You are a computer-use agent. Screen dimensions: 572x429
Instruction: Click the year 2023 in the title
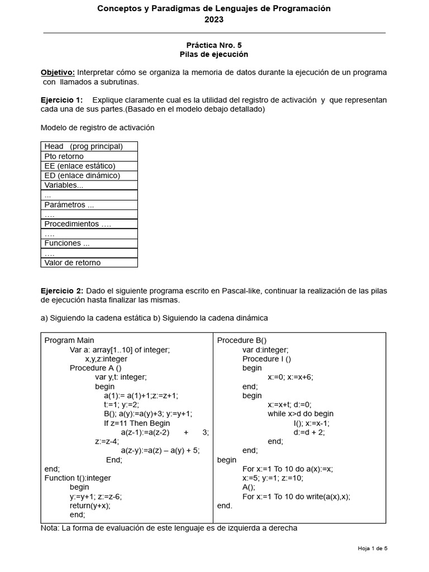click(214, 20)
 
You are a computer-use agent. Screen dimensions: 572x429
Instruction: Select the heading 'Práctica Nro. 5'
click(214, 45)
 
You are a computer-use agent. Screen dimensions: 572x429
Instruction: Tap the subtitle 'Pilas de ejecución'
click(214, 54)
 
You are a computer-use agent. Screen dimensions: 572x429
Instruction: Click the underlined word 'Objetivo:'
click(58, 73)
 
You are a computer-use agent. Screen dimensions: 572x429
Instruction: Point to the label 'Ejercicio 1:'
click(61, 99)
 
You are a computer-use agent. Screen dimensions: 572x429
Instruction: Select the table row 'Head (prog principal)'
click(84, 146)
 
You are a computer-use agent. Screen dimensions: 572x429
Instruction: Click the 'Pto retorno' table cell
click(64, 156)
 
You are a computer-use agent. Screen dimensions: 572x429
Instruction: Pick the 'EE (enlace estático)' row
click(80, 166)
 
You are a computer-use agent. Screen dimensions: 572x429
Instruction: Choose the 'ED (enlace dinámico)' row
click(82, 175)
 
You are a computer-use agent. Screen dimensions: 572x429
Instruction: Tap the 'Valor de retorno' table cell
click(73, 263)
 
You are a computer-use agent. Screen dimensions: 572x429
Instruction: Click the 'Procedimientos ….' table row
click(78, 224)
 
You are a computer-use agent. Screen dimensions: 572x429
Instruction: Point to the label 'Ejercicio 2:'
click(62, 290)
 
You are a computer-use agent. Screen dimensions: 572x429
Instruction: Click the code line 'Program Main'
click(69, 340)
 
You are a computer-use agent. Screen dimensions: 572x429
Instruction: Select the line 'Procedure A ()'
click(96, 368)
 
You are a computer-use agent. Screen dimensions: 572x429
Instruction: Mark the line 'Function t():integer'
click(78, 478)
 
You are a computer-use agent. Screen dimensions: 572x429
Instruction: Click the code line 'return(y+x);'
click(90, 506)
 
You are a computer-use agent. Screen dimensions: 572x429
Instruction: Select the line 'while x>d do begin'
click(301, 414)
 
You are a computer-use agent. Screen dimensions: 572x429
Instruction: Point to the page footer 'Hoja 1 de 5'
click(373, 549)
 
